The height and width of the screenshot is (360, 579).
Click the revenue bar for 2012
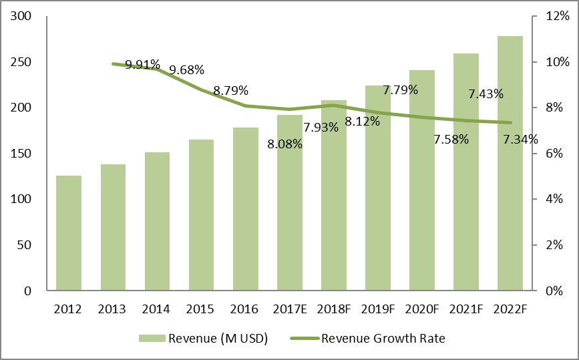pyautogui.click(x=69, y=233)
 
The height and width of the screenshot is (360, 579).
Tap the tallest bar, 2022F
pyautogui.click(x=511, y=164)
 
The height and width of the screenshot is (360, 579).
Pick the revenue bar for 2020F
pyautogui.click(x=422, y=180)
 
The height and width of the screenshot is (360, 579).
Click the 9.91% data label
pyautogui.click(x=143, y=65)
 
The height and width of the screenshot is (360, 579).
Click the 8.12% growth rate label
pyautogui.click(x=363, y=122)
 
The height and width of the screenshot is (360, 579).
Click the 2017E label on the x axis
pyautogui.click(x=289, y=309)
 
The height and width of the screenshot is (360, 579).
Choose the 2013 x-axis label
pyautogui.click(x=112, y=309)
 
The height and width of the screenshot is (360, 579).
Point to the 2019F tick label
pyautogui.click(x=378, y=309)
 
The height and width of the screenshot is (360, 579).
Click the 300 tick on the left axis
pyautogui.click(x=23, y=17)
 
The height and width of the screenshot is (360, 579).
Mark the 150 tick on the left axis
pyautogui.click(x=23, y=154)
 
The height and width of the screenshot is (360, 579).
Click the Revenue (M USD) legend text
pyautogui.click(x=218, y=339)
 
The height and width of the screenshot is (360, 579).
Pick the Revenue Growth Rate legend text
pyautogui.click(x=383, y=339)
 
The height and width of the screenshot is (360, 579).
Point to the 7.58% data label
pyautogui.click(x=451, y=140)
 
